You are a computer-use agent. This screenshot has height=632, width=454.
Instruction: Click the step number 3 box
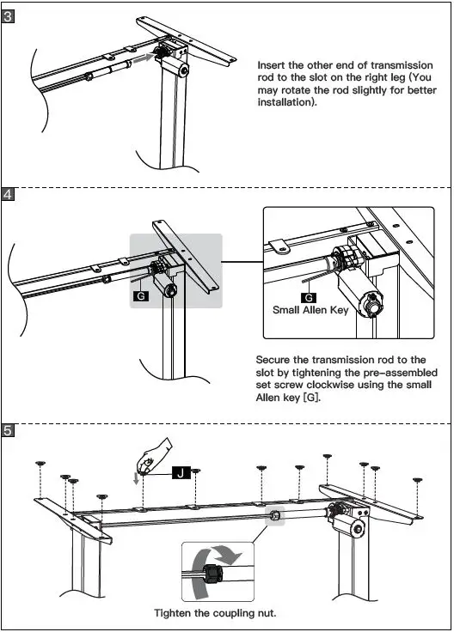coord(8,17)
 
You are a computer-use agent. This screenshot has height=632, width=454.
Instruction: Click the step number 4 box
coord(8,195)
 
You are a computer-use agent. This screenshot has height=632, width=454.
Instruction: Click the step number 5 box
coord(8,430)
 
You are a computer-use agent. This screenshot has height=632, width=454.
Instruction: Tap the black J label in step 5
coord(181,472)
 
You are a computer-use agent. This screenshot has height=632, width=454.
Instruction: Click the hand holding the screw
coord(154,456)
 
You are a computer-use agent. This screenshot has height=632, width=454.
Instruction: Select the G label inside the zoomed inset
coord(309,297)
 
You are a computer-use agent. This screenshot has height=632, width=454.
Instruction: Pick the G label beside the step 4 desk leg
coord(140,296)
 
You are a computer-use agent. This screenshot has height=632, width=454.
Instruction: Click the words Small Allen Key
coord(310,310)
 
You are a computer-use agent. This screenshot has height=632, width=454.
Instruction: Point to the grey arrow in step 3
coord(144,58)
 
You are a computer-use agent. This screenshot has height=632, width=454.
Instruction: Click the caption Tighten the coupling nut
coord(215,613)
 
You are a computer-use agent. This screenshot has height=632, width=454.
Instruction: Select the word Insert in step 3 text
coord(272,65)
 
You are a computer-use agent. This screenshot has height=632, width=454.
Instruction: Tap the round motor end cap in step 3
coord(184,70)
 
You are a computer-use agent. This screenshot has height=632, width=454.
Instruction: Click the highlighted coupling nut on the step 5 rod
coord(275,515)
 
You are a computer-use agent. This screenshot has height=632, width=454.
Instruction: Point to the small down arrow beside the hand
coord(137,478)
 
